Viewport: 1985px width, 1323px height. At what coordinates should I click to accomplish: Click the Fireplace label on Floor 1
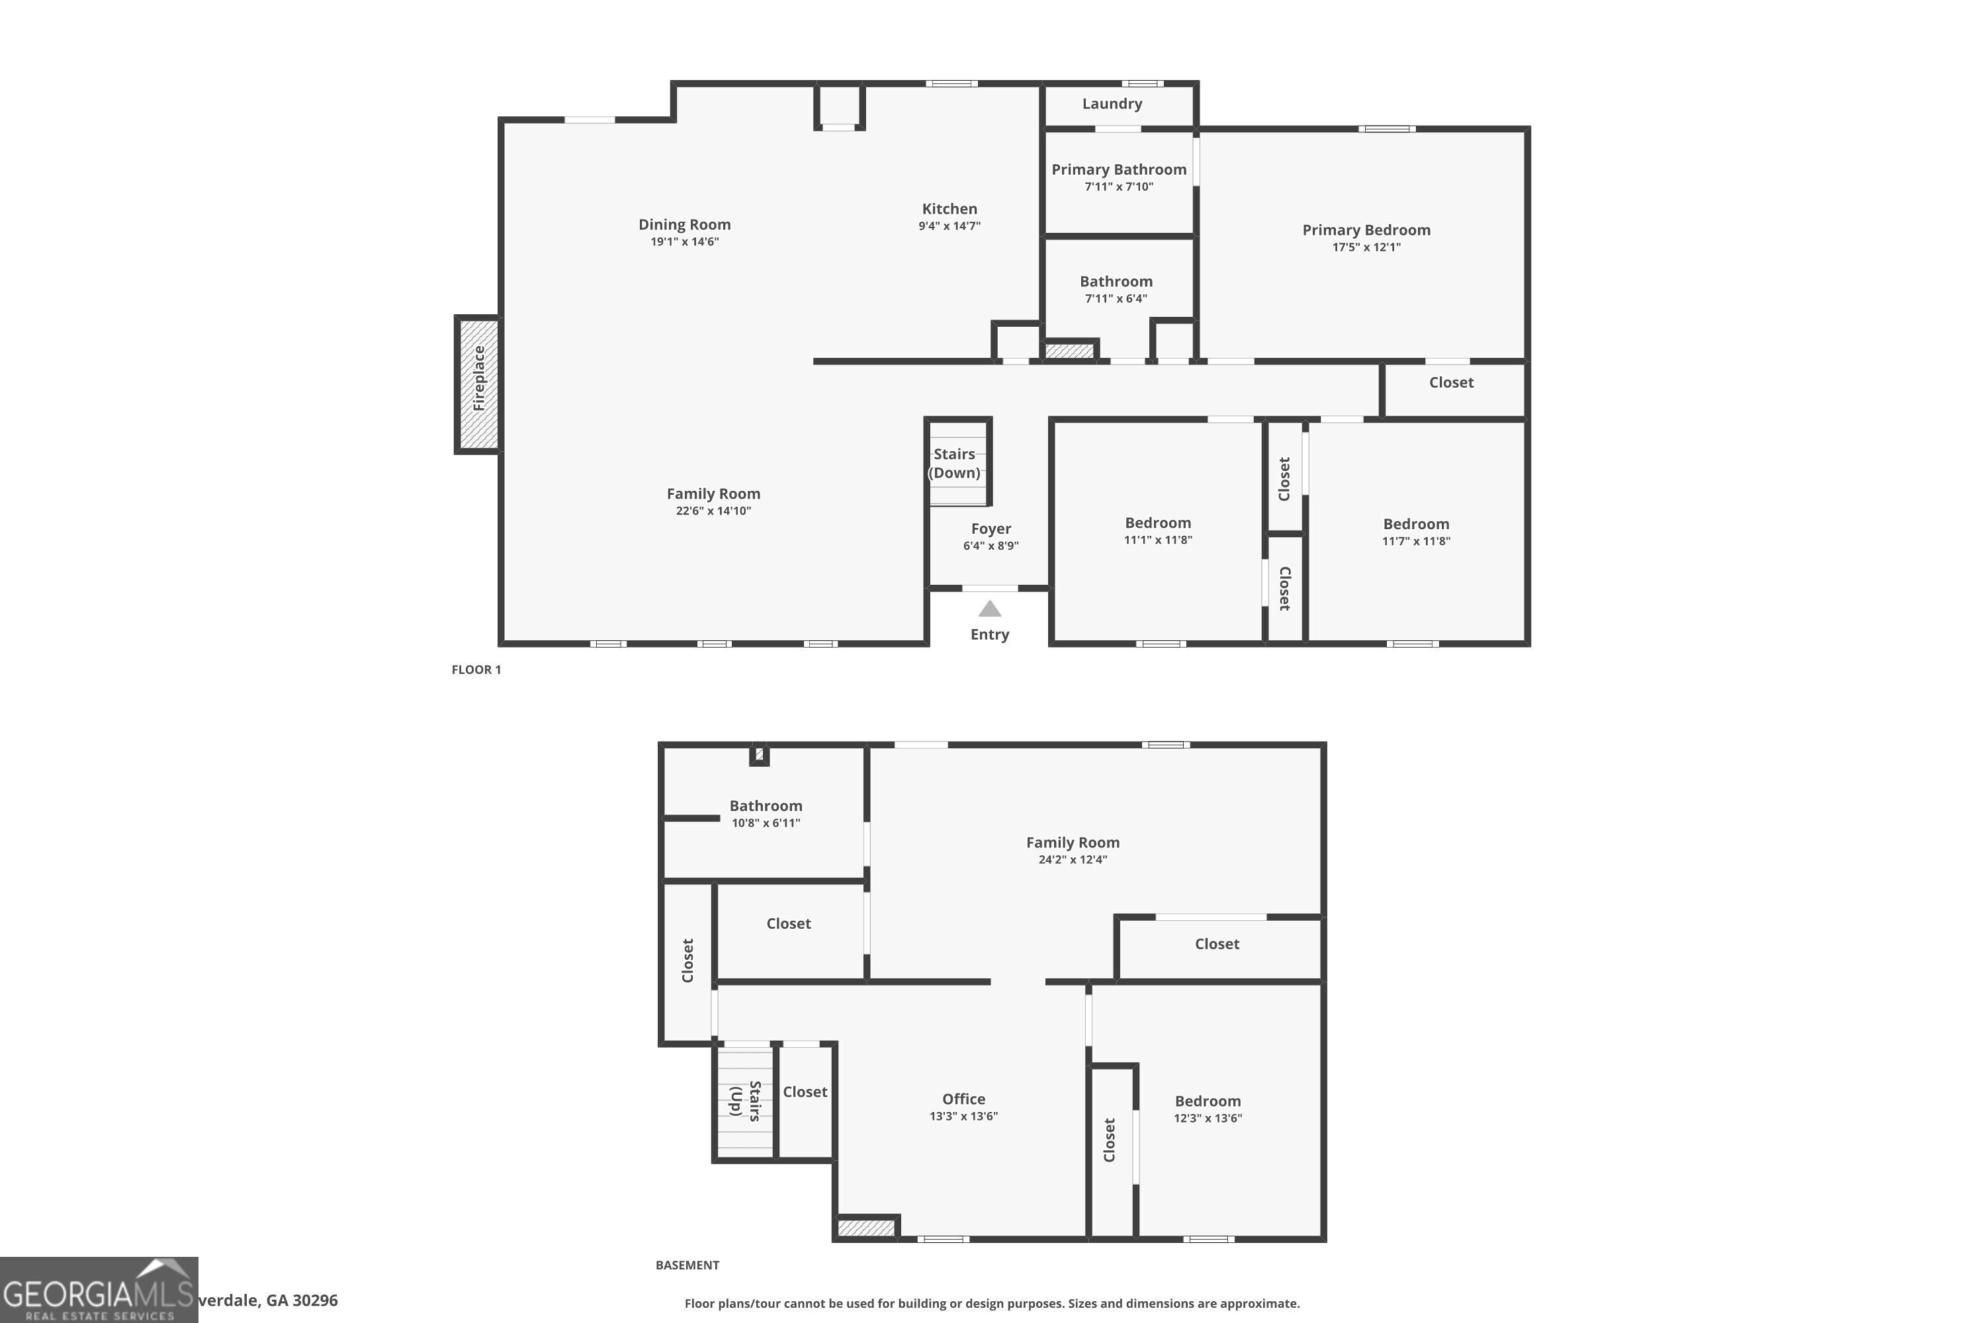478,378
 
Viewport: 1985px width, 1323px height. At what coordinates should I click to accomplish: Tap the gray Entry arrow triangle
989,609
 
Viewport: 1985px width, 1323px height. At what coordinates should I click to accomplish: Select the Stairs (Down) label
955,463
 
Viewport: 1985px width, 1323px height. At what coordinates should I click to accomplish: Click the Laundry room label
1112,104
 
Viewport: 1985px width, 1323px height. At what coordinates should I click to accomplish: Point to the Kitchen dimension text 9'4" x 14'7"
949,226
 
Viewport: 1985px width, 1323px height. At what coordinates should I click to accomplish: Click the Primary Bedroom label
1366,230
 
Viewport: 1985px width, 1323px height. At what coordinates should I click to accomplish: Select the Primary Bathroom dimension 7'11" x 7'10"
1118,187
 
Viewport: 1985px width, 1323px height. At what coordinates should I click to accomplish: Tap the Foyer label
991,529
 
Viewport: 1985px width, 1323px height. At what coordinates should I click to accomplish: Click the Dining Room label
684,224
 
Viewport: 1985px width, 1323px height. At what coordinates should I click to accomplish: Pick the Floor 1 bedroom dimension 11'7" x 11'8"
1415,541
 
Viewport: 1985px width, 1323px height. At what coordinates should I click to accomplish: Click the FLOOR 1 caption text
476,670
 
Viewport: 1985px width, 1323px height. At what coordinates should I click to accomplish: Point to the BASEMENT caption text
687,1265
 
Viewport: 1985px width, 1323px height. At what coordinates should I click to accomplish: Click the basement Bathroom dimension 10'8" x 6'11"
766,823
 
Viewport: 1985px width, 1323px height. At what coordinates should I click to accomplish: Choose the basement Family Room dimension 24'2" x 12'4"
1072,860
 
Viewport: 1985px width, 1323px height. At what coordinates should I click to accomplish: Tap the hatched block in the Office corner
866,1228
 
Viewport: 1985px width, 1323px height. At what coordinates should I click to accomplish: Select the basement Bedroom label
1207,1101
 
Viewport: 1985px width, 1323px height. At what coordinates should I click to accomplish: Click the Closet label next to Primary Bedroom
1451,382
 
